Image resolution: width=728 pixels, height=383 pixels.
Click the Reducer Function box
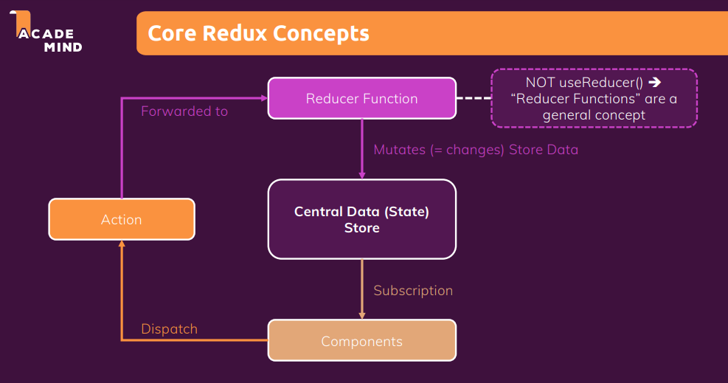click(362, 98)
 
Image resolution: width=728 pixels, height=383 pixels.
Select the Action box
click(122, 219)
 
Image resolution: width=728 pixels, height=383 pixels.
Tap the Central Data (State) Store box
click(362, 219)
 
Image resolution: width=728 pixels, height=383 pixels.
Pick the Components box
click(362, 340)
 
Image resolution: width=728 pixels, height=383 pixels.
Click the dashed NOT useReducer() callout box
click(594, 98)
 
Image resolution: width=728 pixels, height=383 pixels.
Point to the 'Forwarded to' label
click(184, 111)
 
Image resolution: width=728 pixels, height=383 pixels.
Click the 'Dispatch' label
click(170, 329)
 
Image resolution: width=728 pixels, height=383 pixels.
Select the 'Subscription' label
click(413, 291)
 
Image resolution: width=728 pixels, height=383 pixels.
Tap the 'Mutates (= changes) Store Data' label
click(476, 150)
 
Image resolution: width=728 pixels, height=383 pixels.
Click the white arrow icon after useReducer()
click(655, 82)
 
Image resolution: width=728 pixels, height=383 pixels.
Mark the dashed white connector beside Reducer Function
click(474, 98)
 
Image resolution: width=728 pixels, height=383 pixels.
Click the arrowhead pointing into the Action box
click(122, 244)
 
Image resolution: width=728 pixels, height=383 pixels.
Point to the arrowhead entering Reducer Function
click(265, 98)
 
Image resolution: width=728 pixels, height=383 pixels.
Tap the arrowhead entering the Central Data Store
click(362, 176)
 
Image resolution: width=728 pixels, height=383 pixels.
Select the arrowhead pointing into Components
click(362, 316)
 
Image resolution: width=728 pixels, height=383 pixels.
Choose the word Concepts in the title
click(322, 34)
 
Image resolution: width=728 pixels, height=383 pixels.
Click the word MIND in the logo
click(63, 47)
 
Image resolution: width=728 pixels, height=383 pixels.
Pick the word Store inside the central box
click(362, 228)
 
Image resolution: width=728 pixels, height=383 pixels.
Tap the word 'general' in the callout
click(568, 116)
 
